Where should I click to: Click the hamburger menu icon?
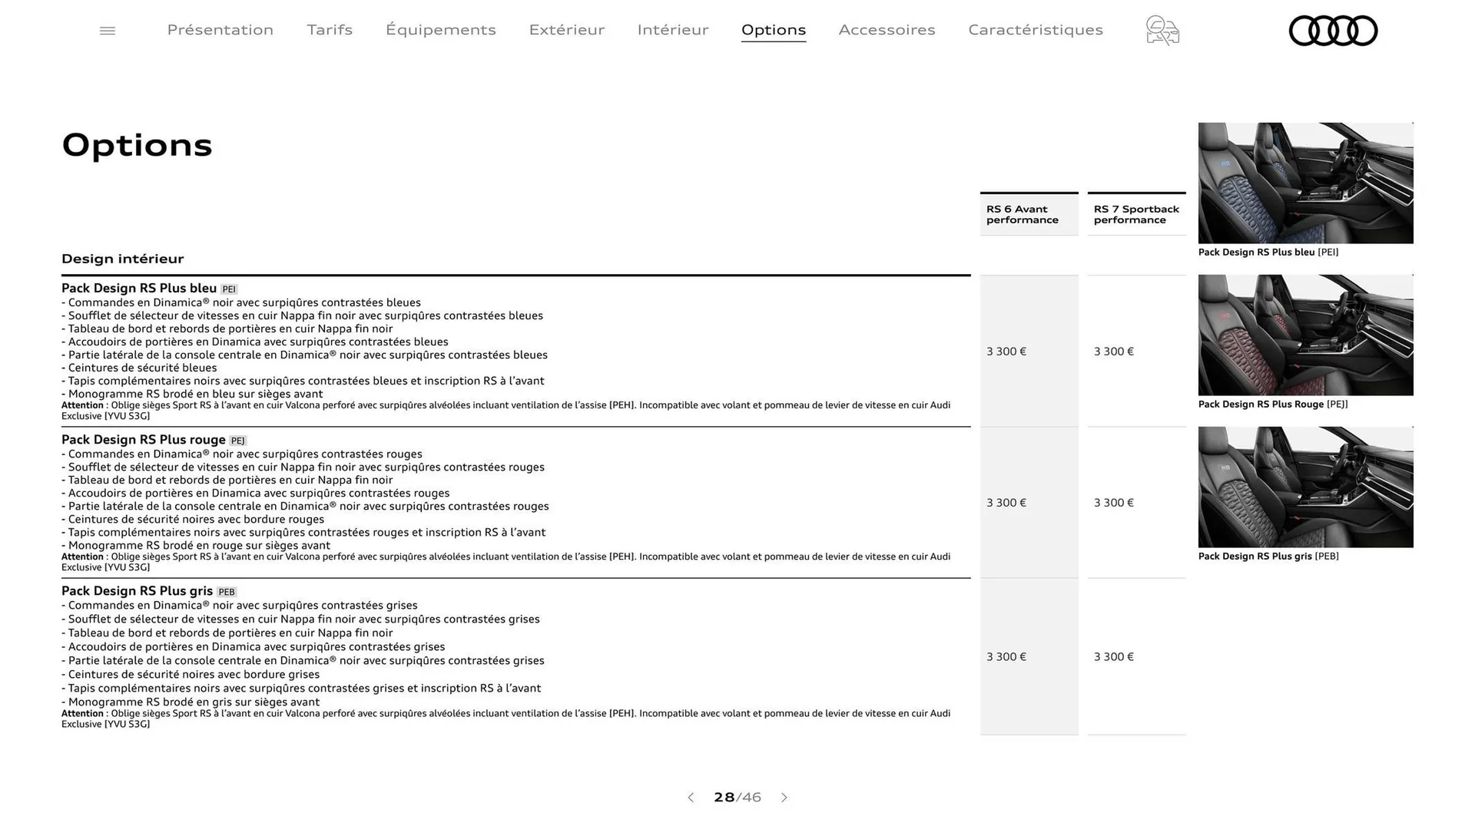click(108, 31)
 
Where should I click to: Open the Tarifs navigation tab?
click(330, 30)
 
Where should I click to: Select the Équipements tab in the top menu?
click(441, 30)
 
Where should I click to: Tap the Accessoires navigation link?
click(887, 30)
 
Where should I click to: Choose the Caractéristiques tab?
click(1035, 30)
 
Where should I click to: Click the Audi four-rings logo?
click(1333, 31)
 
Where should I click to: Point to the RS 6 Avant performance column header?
click(1023, 215)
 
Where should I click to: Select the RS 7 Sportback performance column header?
click(1136, 215)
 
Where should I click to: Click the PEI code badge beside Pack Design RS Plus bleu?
click(229, 289)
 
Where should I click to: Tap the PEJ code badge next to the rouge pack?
click(238, 441)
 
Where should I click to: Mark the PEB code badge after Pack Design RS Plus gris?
click(227, 592)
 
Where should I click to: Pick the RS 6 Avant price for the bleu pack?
click(1006, 352)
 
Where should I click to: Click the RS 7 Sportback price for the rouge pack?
click(1114, 503)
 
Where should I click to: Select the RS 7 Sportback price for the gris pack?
click(1114, 657)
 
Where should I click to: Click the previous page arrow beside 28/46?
click(691, 798)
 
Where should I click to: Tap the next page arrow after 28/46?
click(784, 798)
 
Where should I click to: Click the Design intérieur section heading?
click(123, 259)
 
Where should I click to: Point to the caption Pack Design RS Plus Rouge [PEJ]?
click(1273, 405)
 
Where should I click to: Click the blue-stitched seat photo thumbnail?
click(1305, 183)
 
